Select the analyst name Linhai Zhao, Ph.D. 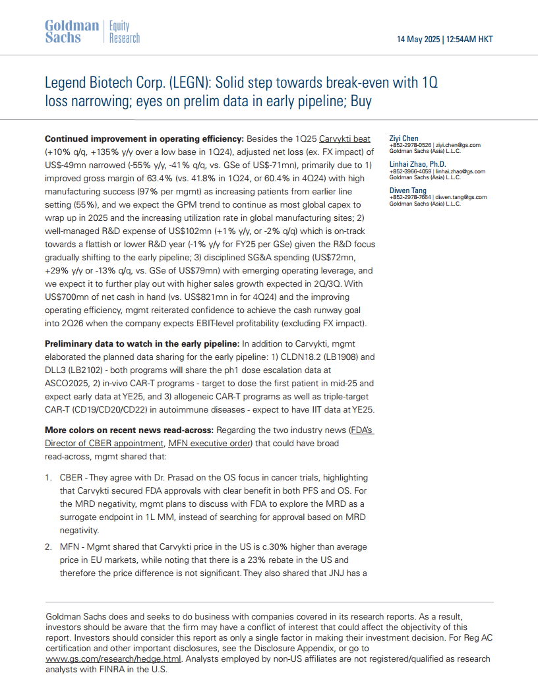pos(417,164)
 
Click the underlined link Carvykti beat pos(345,139)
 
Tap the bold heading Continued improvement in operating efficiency pos(144,139)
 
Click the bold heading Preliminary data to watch pos(142,343)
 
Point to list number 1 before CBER pos(48,477)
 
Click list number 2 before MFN pos(48,547)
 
